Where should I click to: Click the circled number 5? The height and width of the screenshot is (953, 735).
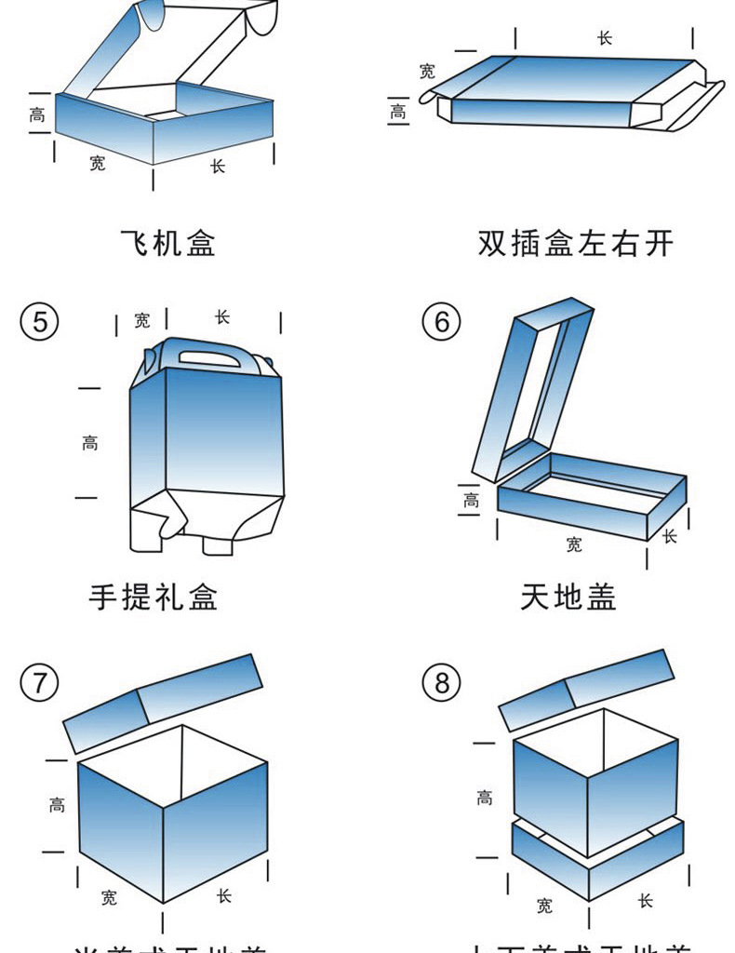pyautogui.click(x=39, y=322)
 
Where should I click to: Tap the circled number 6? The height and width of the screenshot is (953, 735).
pyautogui.click(x=441, y=322)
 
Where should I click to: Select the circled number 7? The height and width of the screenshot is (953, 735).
pyautogui.click(x=39, y=683)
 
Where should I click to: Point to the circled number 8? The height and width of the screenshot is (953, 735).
pyautogui.click(x=441, y=683)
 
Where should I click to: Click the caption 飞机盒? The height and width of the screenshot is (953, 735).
pyautogui.click(x=168, y=244)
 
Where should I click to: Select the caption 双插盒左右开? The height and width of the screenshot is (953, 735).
pyautogui.click(x=575, y=244)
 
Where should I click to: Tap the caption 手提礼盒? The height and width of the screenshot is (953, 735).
pyautogui.click(x=154, y=597)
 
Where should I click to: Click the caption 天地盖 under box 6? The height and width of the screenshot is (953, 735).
pyautogui.click(x=568, y=597)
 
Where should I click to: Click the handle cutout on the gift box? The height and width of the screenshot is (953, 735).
pyautogui.click(x=209, y=355)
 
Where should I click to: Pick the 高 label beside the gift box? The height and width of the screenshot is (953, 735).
pyautogui.click(x=89, y=444)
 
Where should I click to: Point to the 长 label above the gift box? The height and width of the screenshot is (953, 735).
pyautogui.click(x=222, y=317)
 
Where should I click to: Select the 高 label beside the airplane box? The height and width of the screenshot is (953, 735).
pyautogui.click(x=37, y=115)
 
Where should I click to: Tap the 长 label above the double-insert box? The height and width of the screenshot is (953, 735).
pyautogui.click(x=605, y=38)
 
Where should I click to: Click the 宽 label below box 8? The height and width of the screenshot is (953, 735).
pyautogui.click(x=545, y=906)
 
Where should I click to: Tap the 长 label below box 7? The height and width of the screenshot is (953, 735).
pyautogui.click(x=223, y=896)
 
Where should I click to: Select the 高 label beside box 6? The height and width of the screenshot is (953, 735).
pyautogui.click(x=472, y=502)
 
